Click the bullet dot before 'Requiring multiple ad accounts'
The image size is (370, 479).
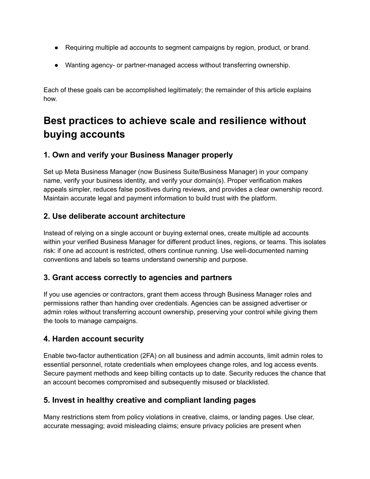[x=57, y=48]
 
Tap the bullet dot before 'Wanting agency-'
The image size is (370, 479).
[x=57, y=65]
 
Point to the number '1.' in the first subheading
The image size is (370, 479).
[x=47, y=155]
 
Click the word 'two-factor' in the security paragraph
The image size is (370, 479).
[x=79, y=356]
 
